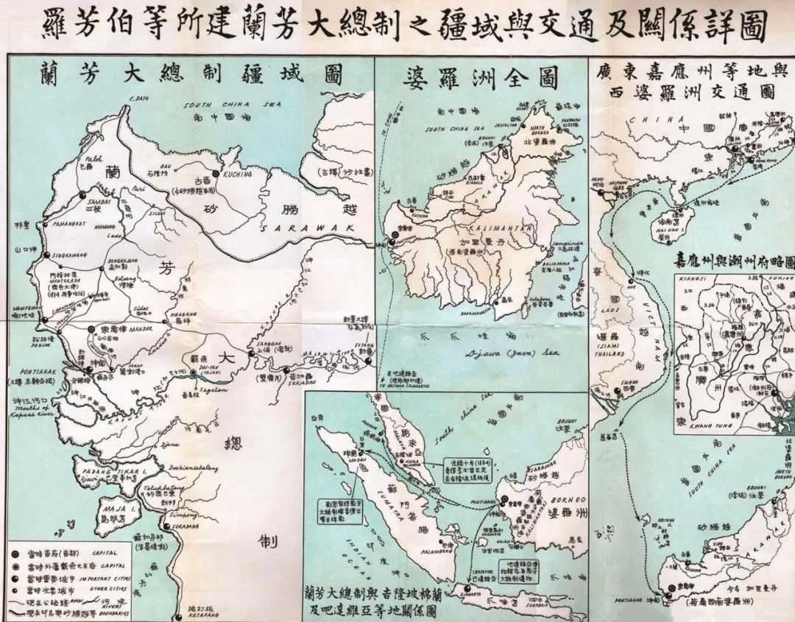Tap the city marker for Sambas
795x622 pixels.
(x=81, y=195)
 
